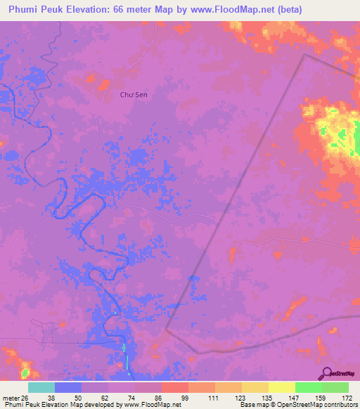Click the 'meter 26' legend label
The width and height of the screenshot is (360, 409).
pos(14,397)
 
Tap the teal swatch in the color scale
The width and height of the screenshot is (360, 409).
pos(41,387)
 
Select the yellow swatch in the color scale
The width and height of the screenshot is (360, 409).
pos(281,387)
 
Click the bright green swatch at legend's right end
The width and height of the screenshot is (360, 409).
pos(335,387)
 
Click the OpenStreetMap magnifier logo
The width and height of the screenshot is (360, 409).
pos(327,373)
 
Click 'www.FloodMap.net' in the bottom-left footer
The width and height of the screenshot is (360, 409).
pos(150,405)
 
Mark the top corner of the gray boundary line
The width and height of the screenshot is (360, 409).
pos(304,55)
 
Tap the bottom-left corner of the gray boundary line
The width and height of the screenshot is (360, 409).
pos(166,329)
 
